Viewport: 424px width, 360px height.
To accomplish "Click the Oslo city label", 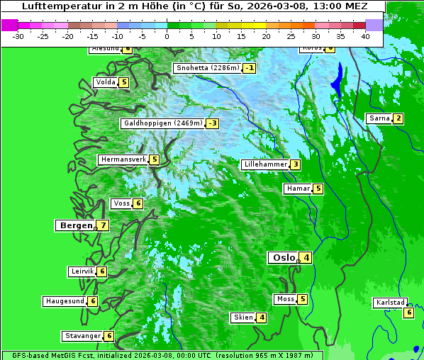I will pos(284,258).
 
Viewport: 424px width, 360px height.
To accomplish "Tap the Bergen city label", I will pos(74,225).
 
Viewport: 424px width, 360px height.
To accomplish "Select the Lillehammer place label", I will pos(265,164).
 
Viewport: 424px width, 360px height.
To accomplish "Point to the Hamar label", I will pos(297,189).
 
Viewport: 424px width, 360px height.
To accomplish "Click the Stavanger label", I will pos(82,336).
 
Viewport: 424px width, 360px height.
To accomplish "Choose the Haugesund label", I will pos(65,301).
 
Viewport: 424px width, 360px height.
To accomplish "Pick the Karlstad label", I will pos(391,303).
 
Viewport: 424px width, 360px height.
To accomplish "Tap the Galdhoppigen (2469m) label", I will pos(163,123).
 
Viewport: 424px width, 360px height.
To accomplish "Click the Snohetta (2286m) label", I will pos(208,68).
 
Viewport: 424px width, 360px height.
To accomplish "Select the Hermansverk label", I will pos(123,159).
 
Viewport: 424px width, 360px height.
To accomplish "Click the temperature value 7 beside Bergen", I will pos(103,225).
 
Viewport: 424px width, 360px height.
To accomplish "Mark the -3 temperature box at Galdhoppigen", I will pos(212,123).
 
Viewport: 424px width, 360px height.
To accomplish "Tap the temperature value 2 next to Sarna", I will pos(398,118).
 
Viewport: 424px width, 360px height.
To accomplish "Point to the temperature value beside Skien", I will pos(262,317).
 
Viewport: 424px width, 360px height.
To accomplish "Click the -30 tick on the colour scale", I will pos(18,35).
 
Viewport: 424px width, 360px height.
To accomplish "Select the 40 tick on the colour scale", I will pos(365,35).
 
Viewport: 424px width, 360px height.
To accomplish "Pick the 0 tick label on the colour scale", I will pos(167,35).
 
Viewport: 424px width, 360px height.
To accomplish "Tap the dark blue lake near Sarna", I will pos(338,79).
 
